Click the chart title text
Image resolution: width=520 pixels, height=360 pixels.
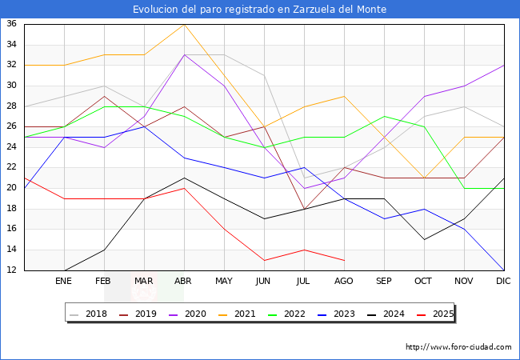point(260,10)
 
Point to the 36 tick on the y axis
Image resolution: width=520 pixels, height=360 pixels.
point(12,24)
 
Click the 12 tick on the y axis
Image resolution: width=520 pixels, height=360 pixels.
point(12,270)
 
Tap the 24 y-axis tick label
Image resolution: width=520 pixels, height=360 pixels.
point(12,147)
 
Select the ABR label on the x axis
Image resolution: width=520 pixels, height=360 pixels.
point(184,282)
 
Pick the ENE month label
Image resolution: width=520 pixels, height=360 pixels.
point(64,282)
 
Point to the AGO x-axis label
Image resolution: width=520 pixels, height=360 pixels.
point(344,282)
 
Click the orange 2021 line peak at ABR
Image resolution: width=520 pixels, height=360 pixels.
point(184,24)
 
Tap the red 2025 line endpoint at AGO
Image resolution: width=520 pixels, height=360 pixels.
point(344,260)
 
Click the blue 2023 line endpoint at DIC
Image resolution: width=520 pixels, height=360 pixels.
point(504,270)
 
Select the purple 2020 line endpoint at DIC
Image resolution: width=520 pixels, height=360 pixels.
point(504,65)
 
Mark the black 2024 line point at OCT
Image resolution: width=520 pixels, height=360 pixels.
point(424,239)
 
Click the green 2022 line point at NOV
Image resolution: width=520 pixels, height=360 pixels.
point(464,188)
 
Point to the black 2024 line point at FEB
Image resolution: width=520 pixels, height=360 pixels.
point(104,250)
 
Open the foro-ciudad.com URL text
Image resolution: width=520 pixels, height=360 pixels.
point(458,347)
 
